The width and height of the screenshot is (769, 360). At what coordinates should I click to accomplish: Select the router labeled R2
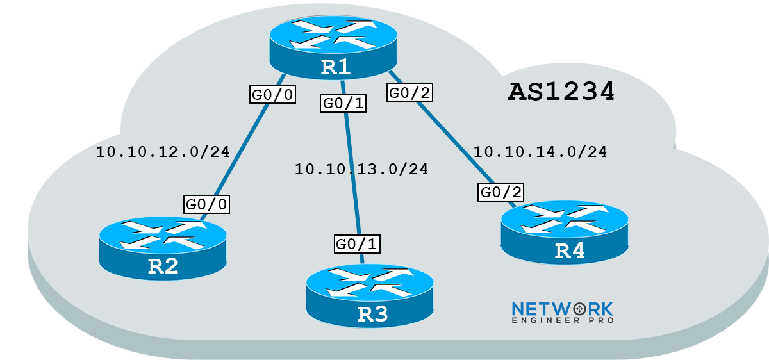pyautogui.click(x=163, y=247)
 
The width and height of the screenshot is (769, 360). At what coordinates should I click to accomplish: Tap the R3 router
pyautogui.click(x=369, y=295)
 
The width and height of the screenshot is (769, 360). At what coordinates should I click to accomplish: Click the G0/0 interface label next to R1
pyautogui.click(x=272, y=95)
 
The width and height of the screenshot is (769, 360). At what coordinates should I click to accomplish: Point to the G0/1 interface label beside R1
pyautogui.click(x=343, y=104)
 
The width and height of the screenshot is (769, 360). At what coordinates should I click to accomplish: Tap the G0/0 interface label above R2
pyautogui.click(x=206, y=204)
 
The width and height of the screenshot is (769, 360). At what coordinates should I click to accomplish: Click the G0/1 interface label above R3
pyautogui.click(x=358, y=243)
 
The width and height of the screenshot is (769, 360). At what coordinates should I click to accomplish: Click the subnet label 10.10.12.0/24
pyautogui.click(x=162, y=152)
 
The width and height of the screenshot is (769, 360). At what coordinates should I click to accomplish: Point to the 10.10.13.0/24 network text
pyautogui.click(x=361, y=170)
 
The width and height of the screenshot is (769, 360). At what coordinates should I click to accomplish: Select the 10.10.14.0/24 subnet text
pyautogui.click(x=540, y=152)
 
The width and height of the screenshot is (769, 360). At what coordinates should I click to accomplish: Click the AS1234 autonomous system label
pyautogui.click(x=561, y=92)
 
